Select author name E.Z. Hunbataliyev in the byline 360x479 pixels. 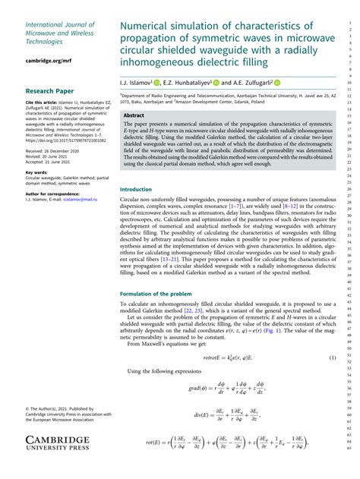coord(186,81)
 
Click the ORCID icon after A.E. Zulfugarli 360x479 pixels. coord(276,81)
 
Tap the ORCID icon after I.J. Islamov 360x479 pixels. coord(156,81)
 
